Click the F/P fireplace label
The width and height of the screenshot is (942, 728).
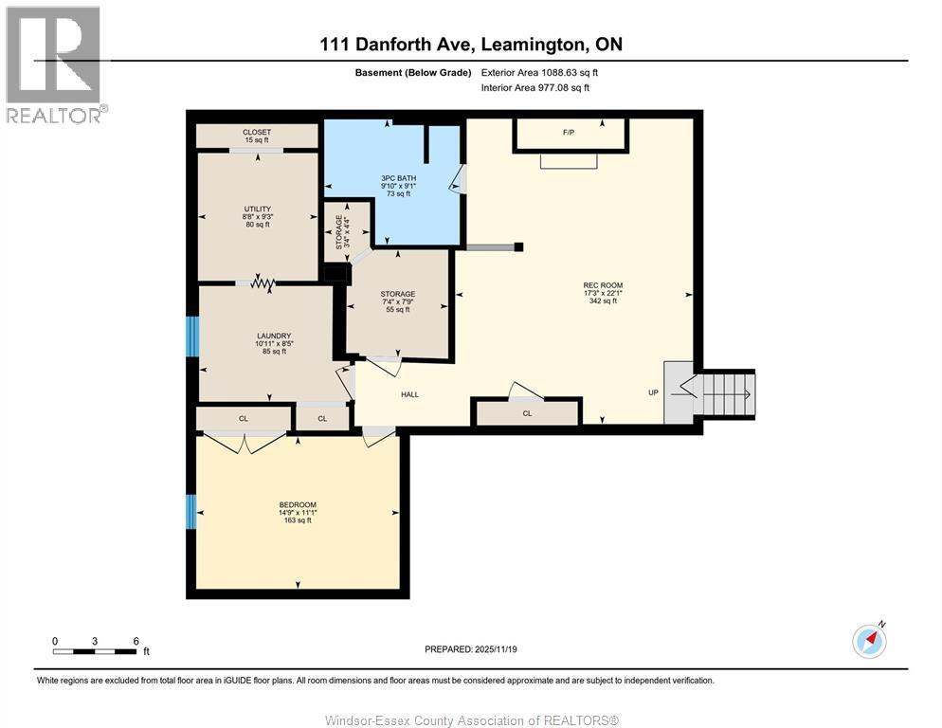[569, 133]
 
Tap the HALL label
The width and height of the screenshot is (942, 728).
[409, 394]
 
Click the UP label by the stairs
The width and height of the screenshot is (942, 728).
[653, 391]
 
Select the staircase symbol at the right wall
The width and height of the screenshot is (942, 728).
[725, 393]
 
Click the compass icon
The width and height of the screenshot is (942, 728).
[869, 641]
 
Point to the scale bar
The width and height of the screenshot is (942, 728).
[95, 651]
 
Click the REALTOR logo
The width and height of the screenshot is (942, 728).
[54, 64]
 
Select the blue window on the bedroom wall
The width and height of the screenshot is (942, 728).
[191, 512]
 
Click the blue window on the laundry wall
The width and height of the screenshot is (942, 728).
[192, 336]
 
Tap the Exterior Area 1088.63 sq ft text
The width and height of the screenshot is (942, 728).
[539, 72]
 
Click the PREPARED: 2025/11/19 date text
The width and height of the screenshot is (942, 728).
[471, 648]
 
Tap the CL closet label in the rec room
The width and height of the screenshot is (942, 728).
[527, 413]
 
